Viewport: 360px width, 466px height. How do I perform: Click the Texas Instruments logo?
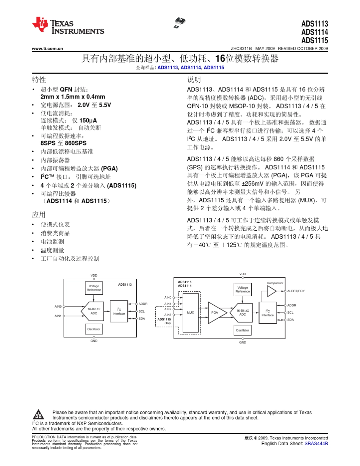click(67, 25)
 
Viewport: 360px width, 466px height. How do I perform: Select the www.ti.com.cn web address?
click(47, 48)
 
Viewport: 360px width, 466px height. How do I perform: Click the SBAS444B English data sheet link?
click(316, 443)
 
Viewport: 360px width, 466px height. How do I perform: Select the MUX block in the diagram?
click(191, 313)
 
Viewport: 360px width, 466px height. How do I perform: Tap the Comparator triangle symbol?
click(272, 291)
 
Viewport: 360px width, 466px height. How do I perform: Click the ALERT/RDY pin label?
click(296, 291)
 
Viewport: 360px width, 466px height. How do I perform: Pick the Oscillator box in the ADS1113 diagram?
click(94, 329)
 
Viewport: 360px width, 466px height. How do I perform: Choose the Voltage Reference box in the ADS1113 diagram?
click(94, 288)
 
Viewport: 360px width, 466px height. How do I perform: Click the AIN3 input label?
click(168, 315)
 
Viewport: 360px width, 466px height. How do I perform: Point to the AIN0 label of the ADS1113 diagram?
click(58, 306)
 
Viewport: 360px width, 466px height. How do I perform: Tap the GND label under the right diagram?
click(243, 342)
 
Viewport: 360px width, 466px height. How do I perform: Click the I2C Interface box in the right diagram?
click(268, 313)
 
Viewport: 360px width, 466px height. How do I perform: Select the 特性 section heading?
click(39, 80)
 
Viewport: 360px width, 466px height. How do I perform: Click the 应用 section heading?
click(39, 214)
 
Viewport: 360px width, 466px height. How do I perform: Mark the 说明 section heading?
click(194, 80)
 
